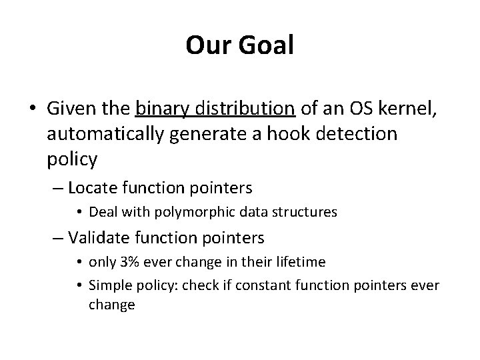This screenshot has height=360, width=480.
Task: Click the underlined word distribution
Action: pos(244,109)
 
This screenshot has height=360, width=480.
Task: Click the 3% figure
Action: pos(138,262)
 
